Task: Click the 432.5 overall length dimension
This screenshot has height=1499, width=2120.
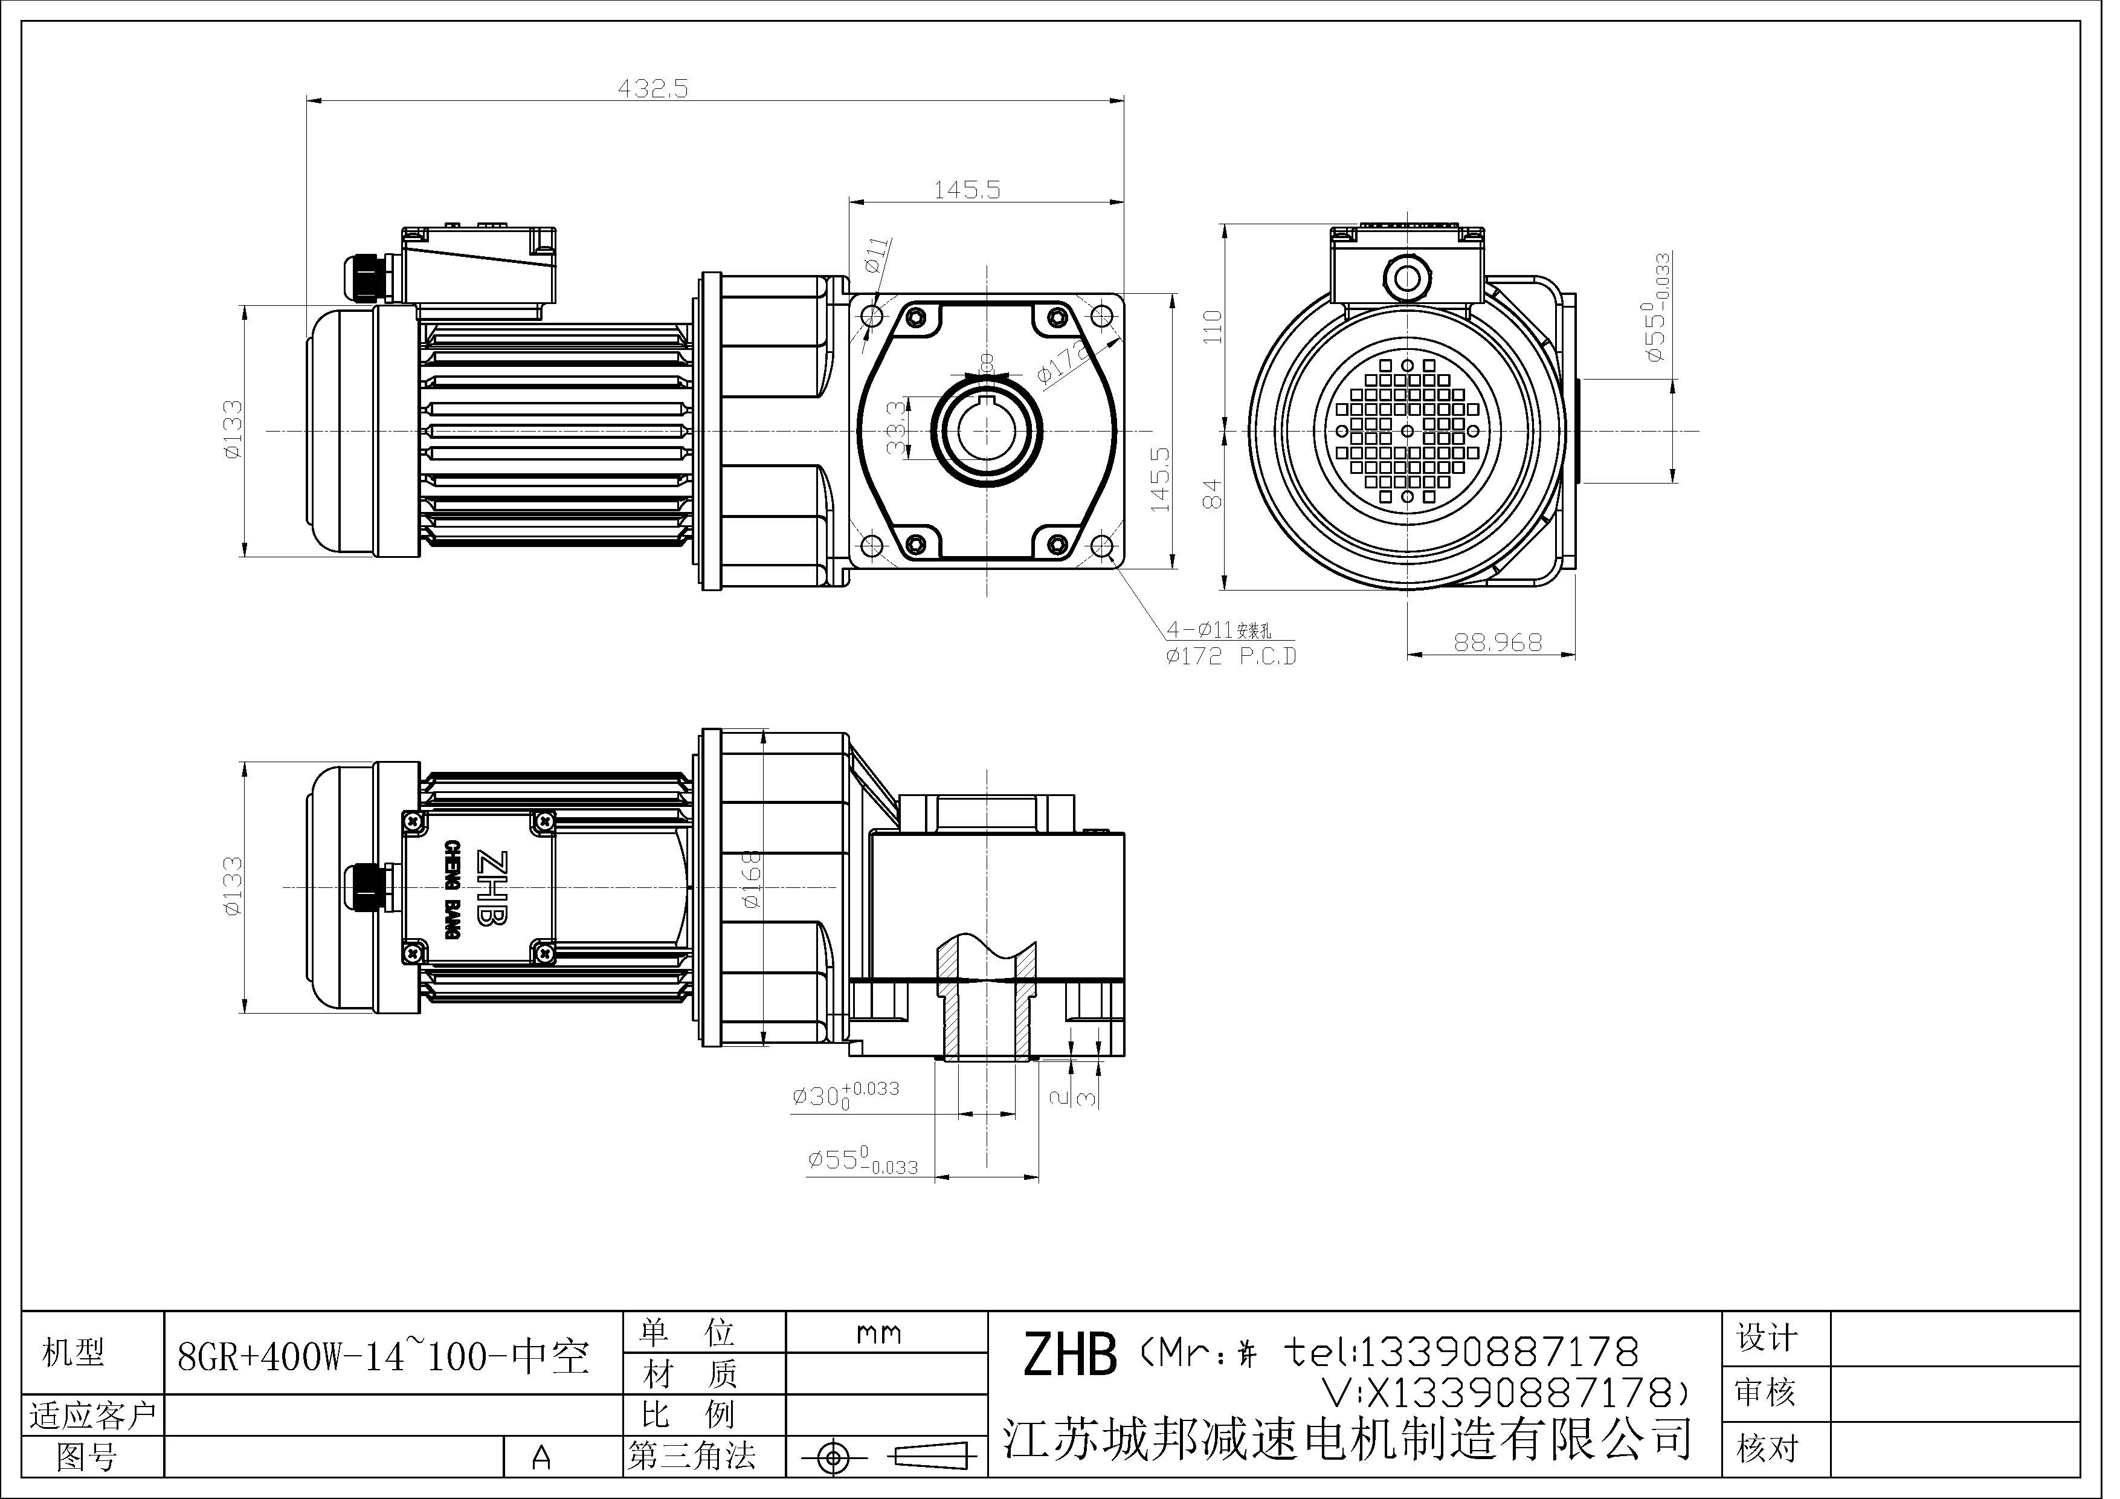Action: (x=653, y=89)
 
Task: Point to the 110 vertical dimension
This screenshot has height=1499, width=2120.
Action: (x=1213, y=327)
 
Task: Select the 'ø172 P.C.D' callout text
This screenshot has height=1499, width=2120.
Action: (x=1231, y=656)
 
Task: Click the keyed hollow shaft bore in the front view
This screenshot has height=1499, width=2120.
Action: (x=986, y=430)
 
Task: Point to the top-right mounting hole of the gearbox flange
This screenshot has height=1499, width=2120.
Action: (x=1101, y=317)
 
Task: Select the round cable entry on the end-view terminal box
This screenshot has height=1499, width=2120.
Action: (x=1405, y=277)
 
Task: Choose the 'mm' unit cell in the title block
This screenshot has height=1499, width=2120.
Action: (x=879, y=1333)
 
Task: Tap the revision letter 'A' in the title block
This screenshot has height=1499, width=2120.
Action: (x=542, y=1457)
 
